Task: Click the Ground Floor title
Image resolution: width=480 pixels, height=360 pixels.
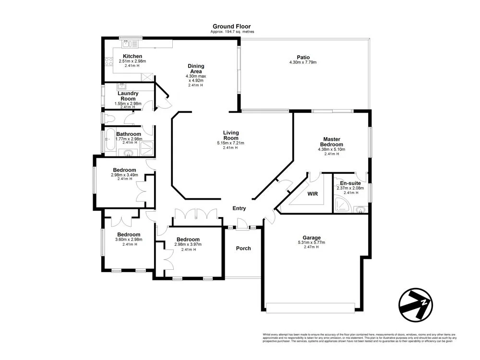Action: [232, 26]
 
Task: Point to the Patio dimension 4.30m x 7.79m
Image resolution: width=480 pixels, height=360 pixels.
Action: [303, 62]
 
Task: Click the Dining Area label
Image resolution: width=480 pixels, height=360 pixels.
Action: [195, 69]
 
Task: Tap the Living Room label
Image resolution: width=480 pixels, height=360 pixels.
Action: [230, 135]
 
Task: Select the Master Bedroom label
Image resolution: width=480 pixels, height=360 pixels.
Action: [332, 142]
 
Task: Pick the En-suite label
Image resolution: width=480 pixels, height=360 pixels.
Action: [350, 183]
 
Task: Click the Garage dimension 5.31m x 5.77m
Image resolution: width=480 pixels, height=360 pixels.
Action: [312, 243]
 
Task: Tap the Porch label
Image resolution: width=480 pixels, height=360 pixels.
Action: [243, 248]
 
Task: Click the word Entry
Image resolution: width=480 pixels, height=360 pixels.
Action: [239, 208]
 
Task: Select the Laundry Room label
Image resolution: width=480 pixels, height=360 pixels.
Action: [128, 96]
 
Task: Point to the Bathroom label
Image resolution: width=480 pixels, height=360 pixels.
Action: [129, 134]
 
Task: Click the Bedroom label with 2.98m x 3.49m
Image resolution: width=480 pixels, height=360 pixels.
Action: [124, 169]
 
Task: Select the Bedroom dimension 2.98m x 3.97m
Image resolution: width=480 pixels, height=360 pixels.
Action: [188, 244]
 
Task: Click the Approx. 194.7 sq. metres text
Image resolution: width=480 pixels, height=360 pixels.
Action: [232, 32]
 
